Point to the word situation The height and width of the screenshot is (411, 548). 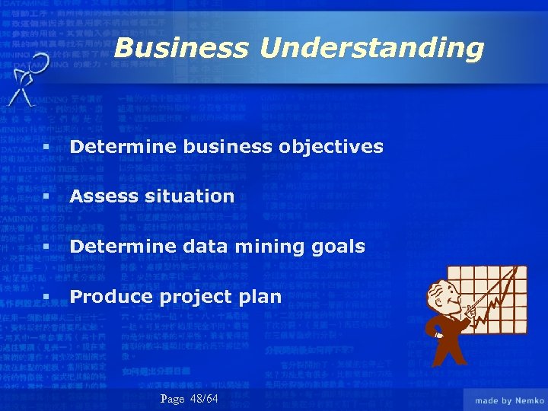pyautogui.click(x=190, y=196)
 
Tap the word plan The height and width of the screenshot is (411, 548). pyautogui.click(x=260, y=297)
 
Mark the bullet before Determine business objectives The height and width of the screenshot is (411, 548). pyautogui.click(x=46, y=146)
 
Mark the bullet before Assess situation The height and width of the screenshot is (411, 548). pyautogui.click(x=46, y=196)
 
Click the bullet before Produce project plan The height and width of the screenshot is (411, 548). pyautogui.click(x=46, y=297)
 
